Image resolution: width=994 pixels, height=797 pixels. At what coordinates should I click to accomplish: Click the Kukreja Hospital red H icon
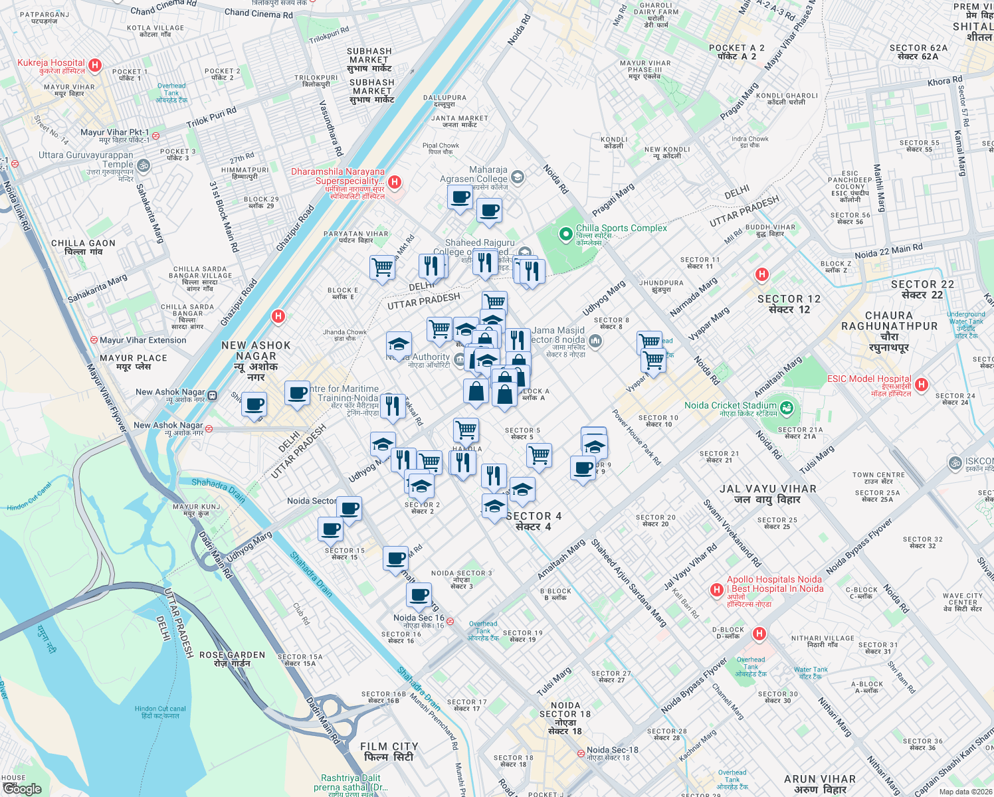pyautogui.click(x=95, y=65)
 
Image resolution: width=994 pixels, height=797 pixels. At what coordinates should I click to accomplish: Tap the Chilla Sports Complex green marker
pyautogui.click(x=565, y=234)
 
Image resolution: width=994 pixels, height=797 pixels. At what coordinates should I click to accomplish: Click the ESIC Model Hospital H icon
pyautogui.click(x=921, y=385)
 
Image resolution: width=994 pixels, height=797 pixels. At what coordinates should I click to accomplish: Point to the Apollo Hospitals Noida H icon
pyautogui.click(x=716, y=590)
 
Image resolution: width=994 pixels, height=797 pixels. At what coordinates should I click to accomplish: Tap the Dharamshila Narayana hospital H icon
pyautogui.click(x=395, y=182)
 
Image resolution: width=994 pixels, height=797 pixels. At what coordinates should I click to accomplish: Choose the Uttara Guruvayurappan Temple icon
pyautogui.click(x=144, y=165)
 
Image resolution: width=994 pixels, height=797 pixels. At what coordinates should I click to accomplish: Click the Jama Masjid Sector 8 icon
pyautogui.click(x=595, y=341)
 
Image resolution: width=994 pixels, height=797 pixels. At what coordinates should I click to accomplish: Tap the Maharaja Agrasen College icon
pyautogui.click(x=518, y=177)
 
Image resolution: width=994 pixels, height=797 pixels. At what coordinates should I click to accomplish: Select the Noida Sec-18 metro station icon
pyautogui.click(x=581, y=753)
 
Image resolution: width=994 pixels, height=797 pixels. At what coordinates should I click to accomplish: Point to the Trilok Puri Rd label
pyautogui.click(x=211, y=118)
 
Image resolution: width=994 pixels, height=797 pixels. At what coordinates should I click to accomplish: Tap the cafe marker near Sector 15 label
pyautogui.click(x=330, y=530)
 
